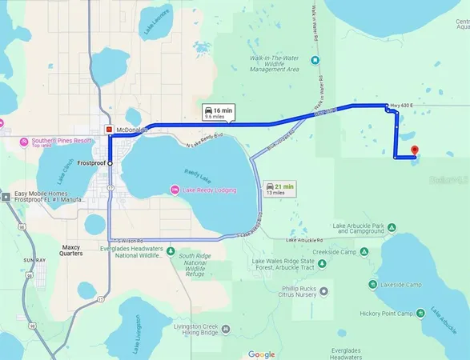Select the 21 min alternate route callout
[279, 188]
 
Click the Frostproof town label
[91, 163]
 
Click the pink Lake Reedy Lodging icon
[174, 190]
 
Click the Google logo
[261, 354]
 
